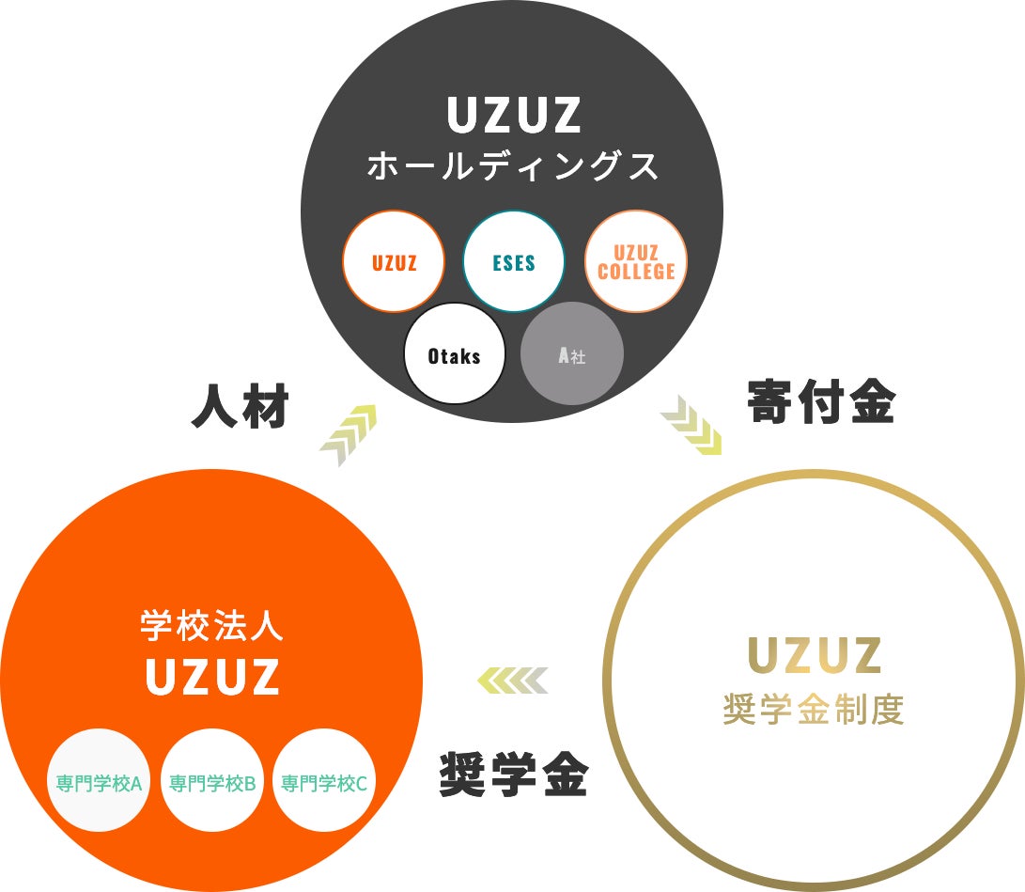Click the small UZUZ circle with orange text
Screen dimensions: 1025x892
(x=394, y=262)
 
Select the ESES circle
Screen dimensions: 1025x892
(x=514, y=262)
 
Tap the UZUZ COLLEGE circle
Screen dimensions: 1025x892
(x=636, y=262)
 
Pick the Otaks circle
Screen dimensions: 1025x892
(x=455, y=355)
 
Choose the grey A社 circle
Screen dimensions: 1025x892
(x=572, y=355)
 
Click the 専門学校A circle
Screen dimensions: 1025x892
(x=98, y=782)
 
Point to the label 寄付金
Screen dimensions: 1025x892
(x=821, y=402)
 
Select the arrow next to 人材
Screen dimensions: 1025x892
(x=348, y=433)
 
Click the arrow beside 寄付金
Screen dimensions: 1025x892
(x=691, y=425)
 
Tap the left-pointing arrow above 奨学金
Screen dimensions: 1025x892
(x=512, y=680)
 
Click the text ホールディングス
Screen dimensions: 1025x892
(x=512, y=166)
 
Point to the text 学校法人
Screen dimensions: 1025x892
(x=211, y=625)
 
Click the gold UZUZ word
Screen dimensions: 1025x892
(x=814, y=656)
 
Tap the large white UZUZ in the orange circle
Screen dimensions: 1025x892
(x=212, y=676)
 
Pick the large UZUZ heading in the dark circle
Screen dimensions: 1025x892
(x=513, y=116)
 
